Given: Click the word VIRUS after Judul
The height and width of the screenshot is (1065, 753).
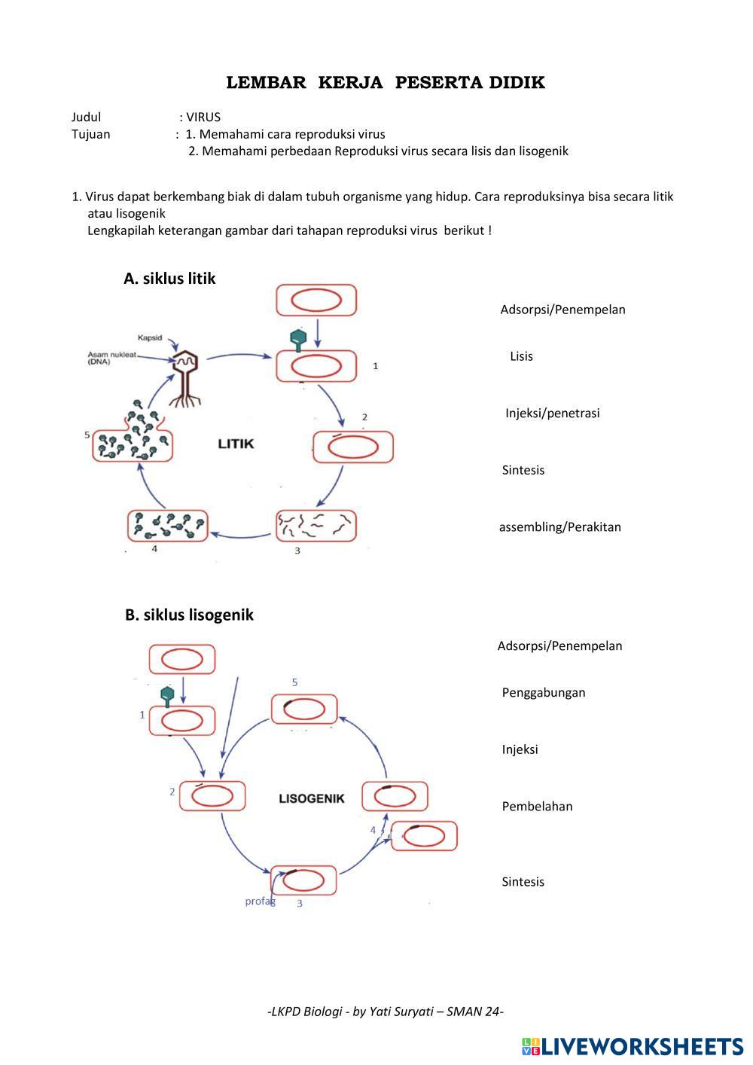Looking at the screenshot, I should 203,117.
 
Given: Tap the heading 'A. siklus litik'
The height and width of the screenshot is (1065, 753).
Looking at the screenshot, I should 169,279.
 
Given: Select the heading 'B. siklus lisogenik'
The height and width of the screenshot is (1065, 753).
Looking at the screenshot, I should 189,615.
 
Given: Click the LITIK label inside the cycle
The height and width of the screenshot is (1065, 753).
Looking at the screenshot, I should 236,444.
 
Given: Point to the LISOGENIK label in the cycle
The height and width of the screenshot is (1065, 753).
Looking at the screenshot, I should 311,798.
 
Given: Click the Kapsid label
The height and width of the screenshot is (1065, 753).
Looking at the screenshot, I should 149,337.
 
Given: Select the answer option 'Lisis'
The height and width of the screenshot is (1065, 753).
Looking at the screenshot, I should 521,356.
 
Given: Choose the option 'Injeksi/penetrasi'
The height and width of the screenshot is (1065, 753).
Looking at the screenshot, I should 552,413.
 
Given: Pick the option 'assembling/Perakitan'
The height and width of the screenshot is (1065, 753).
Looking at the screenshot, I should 559,526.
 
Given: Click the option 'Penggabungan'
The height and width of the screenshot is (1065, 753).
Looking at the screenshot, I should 543,692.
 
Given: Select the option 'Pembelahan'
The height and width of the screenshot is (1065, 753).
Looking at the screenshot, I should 537,806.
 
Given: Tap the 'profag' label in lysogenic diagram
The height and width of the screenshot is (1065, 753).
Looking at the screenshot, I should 260,901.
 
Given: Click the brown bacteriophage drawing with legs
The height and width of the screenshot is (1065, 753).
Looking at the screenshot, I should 184,378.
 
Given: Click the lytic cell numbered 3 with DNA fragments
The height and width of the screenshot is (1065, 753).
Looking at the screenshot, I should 316,526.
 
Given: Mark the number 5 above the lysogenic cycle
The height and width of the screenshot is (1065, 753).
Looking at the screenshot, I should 294,682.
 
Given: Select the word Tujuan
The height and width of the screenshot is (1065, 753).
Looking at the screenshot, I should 90,134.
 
